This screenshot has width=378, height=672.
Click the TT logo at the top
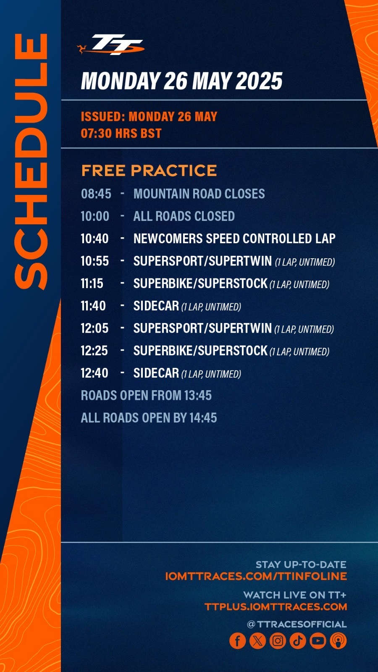click(x=111, y=45)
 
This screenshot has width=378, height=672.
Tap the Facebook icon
click(x=238, y=640)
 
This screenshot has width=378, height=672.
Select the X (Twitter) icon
click(x=258, y=640)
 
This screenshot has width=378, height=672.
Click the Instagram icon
click(x=278, y=640)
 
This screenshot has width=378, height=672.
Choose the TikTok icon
click(x=298, y=640)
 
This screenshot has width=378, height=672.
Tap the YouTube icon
click(x=318, y=640)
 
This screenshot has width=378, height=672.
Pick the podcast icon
click(x=339, y=640)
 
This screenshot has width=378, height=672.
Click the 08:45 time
click(x=96, y=194)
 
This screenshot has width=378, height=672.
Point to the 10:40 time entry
click(x=95, y=239)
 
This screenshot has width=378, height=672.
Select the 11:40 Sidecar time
click(x=93, y=306)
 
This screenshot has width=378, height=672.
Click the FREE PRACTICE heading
click(x=149, y=171)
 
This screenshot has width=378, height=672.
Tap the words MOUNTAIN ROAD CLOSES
click(x=199, y=194)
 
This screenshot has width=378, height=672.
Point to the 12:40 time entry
click(x=94, y=373)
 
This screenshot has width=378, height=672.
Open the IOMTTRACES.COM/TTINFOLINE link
click(x=256, y=576)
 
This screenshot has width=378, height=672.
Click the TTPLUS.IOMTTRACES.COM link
click(x=276, y=607)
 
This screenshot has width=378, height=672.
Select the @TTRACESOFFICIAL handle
click(x=297, y=624)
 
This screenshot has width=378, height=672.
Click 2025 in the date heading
click(x=259, y=81)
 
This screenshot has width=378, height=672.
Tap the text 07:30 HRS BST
click(x=121, y=133)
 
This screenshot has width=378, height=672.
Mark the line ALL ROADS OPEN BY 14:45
click(x=149, y=418)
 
